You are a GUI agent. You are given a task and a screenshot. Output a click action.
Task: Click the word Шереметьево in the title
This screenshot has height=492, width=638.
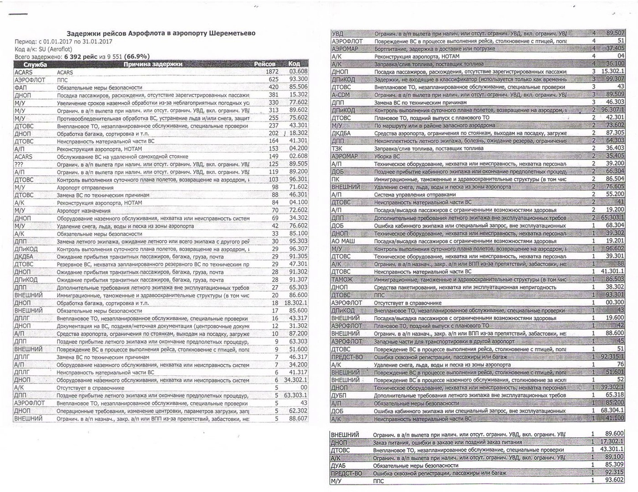232,33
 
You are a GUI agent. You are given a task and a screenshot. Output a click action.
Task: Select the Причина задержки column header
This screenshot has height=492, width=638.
153,64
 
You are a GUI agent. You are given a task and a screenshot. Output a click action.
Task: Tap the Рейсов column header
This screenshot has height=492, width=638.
265,64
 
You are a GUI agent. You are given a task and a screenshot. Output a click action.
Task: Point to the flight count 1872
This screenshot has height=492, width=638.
272,72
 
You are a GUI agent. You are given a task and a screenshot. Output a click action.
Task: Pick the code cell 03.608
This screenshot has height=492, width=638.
298,72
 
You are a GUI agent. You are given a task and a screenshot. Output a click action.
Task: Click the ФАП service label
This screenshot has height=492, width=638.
21,87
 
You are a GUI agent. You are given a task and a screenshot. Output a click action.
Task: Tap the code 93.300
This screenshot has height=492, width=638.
298,79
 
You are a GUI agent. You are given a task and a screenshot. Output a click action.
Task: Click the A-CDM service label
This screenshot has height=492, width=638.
341,95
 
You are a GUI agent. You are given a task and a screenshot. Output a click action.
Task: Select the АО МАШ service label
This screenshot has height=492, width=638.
343,241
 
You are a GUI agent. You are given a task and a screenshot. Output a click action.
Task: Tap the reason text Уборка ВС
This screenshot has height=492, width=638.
387,156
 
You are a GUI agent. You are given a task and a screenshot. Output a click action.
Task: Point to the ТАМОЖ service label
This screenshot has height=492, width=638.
342,279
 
